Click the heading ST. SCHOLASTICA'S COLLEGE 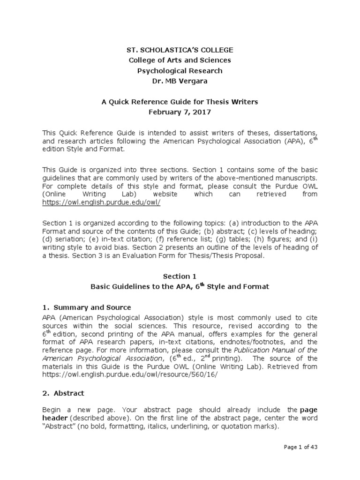[x=180, y=50]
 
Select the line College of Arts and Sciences [x=180, y=60]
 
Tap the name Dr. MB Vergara [x=180, y=81]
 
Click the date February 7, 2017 [x=180, y=112]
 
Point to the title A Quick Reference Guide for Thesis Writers [x=180, y=102]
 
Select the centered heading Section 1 [x=180, y=277]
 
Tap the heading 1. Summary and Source [x=91, y=307]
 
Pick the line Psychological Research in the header [x=180, y=71]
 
